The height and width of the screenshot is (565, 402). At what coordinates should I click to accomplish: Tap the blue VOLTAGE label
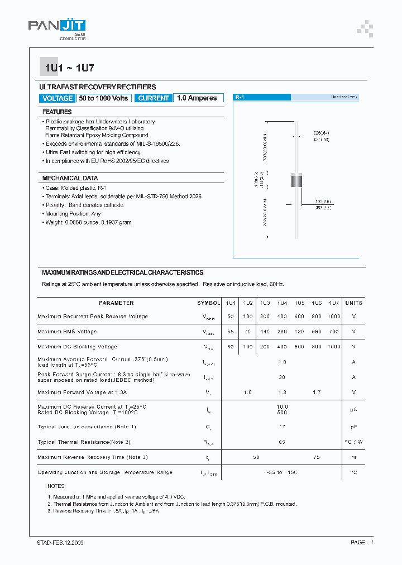tap(58, 98)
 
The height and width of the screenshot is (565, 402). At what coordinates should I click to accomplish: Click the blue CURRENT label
tap(154, 98)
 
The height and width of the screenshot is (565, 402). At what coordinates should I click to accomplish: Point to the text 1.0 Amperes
tap(197, 98)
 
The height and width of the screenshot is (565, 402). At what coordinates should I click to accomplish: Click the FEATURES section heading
tap(57, 112)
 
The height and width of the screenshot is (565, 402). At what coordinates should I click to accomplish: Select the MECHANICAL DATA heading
tap(70, 178)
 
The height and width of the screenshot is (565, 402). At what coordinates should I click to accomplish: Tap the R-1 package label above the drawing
tap(240, 97)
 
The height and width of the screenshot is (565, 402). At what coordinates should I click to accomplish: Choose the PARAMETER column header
tap(116, 303)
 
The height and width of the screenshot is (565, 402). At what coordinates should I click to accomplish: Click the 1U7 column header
tap(333, 303)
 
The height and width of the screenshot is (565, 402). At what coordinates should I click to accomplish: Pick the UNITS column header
tap(353, 303)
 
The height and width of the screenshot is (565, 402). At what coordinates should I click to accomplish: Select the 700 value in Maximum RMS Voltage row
tap(333, 332)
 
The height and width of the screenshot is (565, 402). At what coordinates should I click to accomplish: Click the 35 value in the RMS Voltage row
tap(231, 332)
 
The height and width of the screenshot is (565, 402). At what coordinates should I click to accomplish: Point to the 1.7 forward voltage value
tap(317, 392)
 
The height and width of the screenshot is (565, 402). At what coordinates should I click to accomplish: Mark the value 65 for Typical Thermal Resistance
tap(282, 442)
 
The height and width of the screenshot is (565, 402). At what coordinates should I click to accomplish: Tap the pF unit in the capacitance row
tap(353, 427)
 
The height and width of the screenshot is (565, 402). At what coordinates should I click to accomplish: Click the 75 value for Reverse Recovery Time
tap(317, 457)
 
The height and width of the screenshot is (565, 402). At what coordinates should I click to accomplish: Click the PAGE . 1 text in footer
tap(362, 543)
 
